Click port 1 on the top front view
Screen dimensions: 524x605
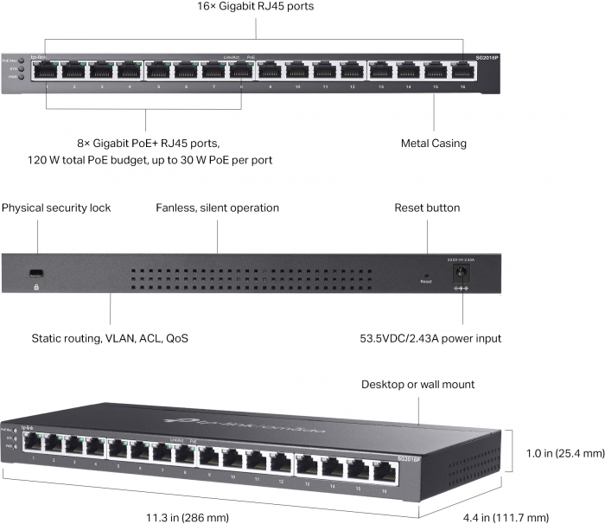point(47,71)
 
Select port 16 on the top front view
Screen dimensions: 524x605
point(463,71)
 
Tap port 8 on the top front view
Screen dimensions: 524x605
point(241,71)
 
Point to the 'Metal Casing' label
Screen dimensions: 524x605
point(434,144)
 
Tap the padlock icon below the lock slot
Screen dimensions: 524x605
point(35,285)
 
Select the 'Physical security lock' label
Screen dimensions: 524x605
point(56,208)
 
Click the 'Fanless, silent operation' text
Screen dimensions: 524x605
point(217,208)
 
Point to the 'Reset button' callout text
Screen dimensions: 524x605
point(427,208)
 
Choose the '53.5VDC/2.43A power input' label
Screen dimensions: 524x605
point(430,338)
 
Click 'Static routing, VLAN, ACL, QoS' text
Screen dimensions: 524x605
point(110,338)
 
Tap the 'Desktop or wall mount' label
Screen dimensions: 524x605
point(417,384)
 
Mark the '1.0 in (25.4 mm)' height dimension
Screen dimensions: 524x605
point(560,453)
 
